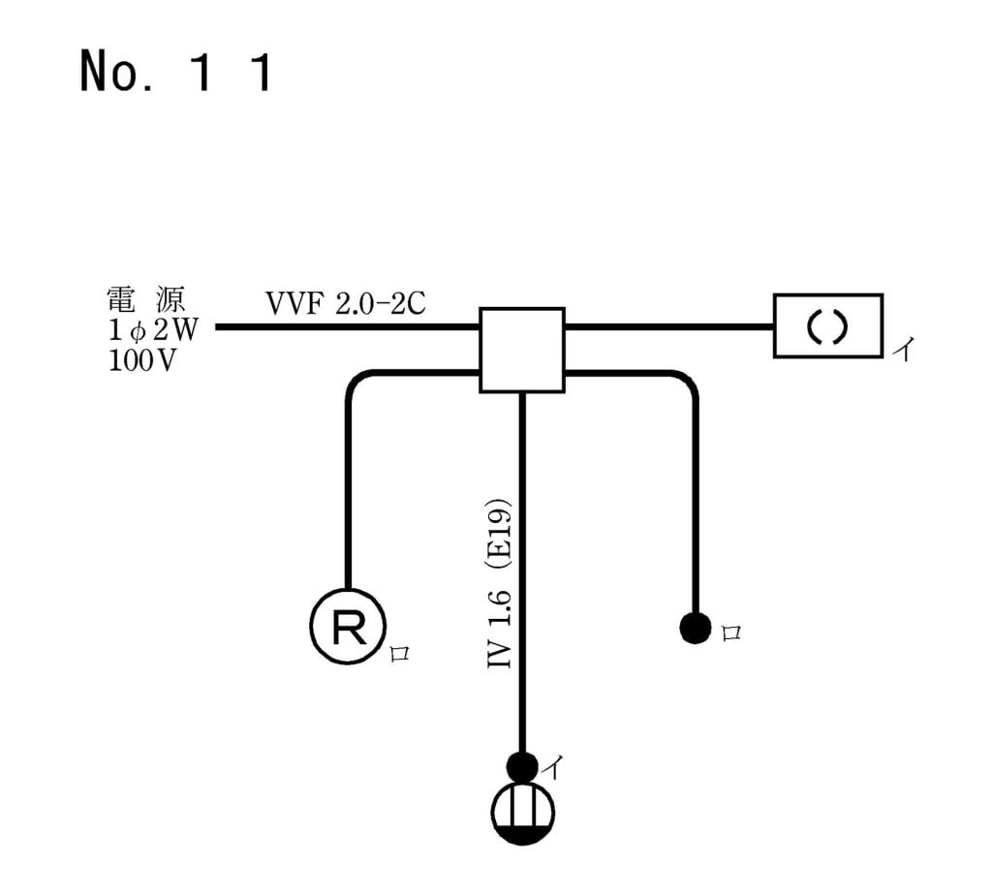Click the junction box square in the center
[522, 350]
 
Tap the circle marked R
[348, 627]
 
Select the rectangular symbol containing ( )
[827, 326]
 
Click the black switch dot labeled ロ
[694, 629]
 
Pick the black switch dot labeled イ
[522, 766]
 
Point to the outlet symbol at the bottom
[522, 813]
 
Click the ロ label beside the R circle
[399, 653]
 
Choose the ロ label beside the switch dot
[731, 633]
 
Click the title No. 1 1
[175, 74]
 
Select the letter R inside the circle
[348, 628]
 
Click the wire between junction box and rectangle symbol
[668, 326]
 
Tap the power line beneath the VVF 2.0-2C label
[349, 327]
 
